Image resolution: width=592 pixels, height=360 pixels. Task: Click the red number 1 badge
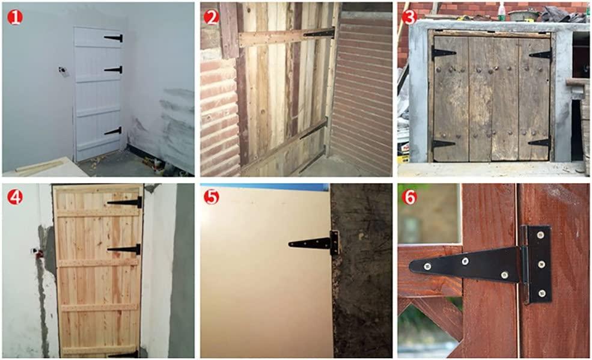coord(15,17)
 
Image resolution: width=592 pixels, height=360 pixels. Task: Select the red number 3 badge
coord(409,17)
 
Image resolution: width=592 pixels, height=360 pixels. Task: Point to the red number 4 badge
coord(15,197)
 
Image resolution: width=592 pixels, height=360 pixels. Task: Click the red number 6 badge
coord(409,197)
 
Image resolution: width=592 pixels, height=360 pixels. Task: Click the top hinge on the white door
coord(114,38)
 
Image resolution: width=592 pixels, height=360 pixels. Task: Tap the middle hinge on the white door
coord(114,70)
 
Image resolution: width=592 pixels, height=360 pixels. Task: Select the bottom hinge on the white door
coord(113,131)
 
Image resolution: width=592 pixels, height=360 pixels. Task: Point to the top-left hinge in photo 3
coord(443,53)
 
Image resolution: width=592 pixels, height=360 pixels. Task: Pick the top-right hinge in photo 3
coord(540,55)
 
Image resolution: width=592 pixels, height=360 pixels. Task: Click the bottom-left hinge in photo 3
coord(443,144)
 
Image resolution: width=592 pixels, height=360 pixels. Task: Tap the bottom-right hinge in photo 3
coord(540,143)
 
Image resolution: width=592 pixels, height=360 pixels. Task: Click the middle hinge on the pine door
coord(124,249)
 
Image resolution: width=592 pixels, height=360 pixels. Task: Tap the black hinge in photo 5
coord(315,243)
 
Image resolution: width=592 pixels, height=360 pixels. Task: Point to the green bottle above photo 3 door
coord(500,10)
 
